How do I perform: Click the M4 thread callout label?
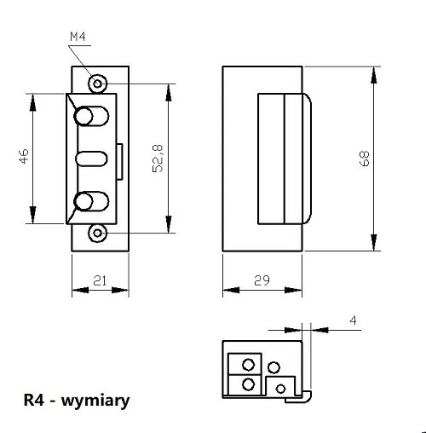(x=78, y=37)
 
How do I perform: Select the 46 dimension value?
(x=24, y=156)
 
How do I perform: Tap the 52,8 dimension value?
(x=158, y=159)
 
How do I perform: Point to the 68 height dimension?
(x=364, y=159)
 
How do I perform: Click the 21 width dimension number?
(x=100, y=280)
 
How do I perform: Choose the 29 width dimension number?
(x=262, y=280)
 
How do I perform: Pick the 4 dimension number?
(x=353, y=320)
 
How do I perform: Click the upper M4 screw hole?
(x=97, y=84)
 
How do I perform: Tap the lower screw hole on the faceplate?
(x=97, y=234)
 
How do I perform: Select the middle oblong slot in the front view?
(x=91, y=159)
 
